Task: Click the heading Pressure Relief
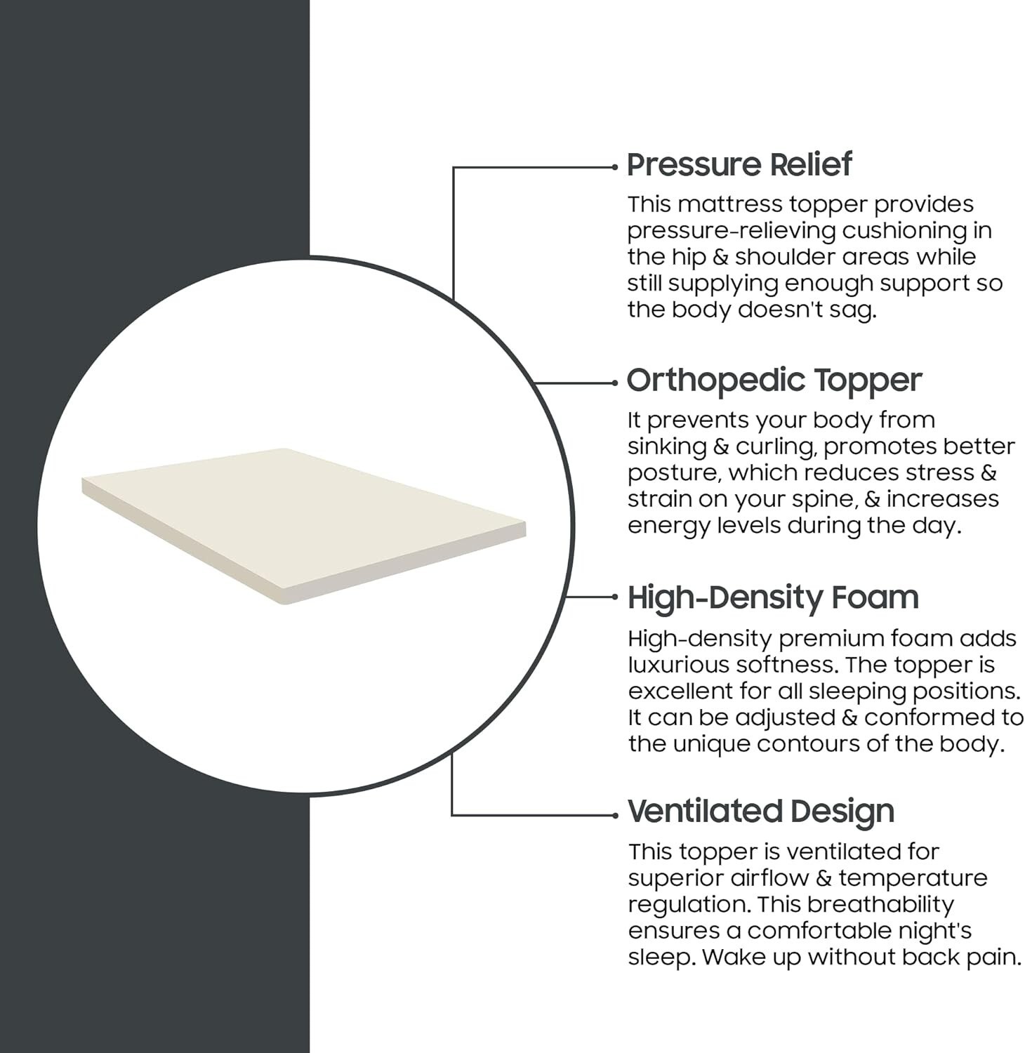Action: point(739,165)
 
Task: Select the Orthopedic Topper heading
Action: point(774,381)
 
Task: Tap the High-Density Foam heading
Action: point(773,598)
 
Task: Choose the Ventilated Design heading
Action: point(761,812)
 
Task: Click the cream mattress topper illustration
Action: point(303,525)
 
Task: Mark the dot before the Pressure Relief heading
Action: point(614,167)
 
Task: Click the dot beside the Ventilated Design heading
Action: point(614,815)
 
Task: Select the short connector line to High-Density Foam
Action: point(590,597)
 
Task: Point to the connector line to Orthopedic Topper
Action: point(575,383)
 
